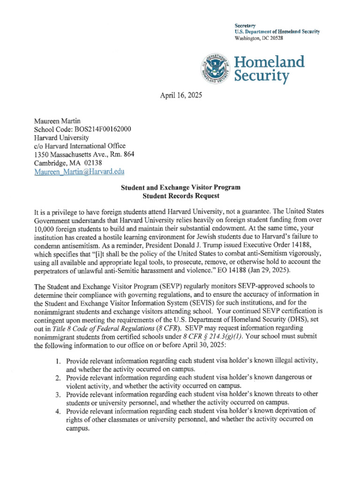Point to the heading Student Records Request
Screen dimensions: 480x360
180,196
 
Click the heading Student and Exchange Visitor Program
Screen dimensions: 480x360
180,187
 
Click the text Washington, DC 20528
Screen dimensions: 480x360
259,38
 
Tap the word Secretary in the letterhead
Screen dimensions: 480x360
245,24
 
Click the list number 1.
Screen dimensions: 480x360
58,361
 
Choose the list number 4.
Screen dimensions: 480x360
58,411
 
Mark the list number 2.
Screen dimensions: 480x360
58,378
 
